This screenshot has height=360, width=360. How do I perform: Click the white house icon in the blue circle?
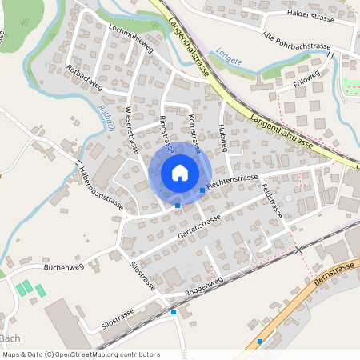179,173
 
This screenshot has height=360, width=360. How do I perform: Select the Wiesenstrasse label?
132,128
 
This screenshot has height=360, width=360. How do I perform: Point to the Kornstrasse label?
194,128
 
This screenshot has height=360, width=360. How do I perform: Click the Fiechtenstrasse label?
232,183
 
